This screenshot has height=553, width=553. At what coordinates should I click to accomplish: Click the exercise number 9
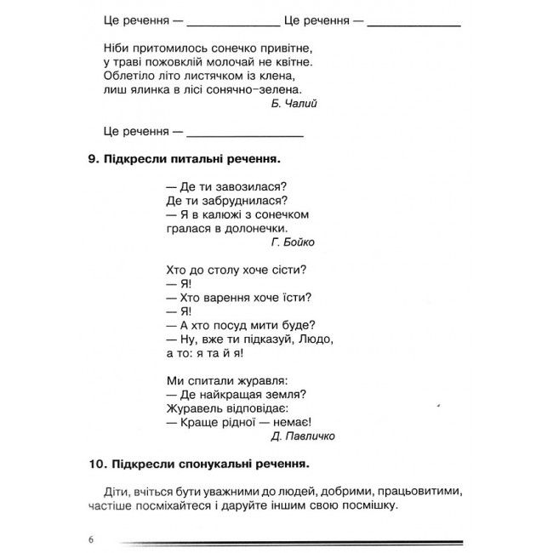pos(91,158)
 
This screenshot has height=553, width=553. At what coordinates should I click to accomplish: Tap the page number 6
pos(90,540)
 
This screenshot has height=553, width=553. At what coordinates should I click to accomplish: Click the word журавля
pos(262,379)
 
